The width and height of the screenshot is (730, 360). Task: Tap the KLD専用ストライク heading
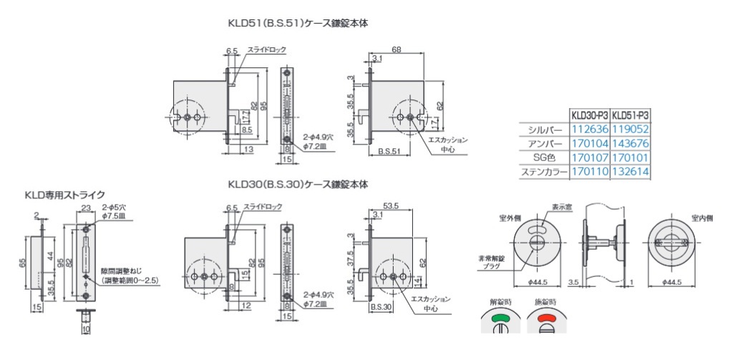point(65,194)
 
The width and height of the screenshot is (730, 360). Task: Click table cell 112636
point(589,130)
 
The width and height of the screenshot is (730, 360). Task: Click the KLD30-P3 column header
point(589,115)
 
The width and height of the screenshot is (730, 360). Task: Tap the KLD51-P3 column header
point(631,115)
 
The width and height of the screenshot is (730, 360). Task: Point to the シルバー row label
point(546,130)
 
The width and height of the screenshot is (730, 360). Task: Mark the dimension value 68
point(396,49)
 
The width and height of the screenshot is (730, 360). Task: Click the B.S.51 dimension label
point(389,152)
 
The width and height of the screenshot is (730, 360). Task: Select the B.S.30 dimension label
point(380,306)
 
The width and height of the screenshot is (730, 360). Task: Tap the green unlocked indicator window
point(501,318)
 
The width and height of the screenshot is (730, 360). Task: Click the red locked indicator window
point(547,318)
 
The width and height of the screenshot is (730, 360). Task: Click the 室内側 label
point(703,217)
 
